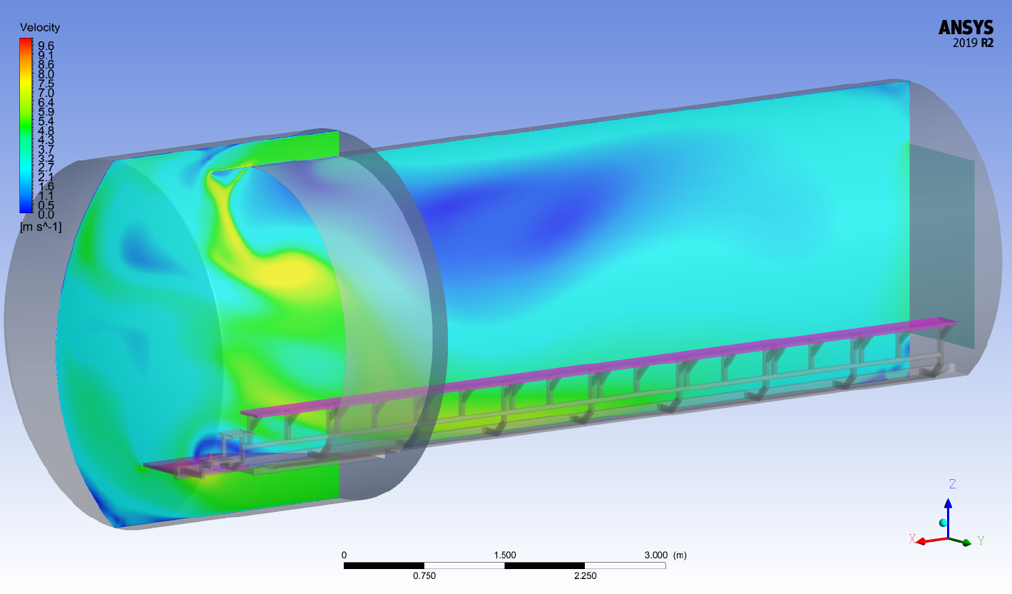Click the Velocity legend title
[40, 28]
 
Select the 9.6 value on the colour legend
[46, 46]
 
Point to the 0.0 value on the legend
[46, 215]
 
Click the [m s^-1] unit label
[41, 226]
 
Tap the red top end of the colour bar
[26, 41]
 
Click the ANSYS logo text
[966, 28]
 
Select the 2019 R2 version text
[973, 43]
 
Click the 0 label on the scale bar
[344, 555]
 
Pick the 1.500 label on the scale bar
[505, 555]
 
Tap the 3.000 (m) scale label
[665, 555]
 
